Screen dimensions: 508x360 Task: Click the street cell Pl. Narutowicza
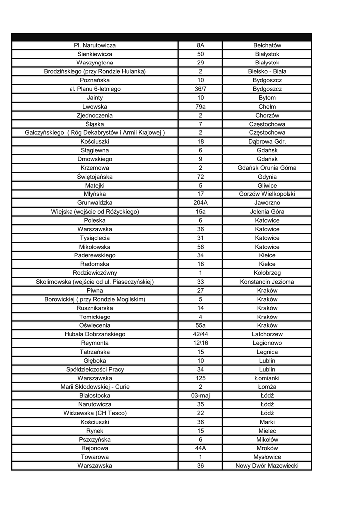point(95,45)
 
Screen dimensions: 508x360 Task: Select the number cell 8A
point(200,45)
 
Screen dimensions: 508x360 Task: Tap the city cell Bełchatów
point(267,45)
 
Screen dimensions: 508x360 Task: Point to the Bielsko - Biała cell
point(267,71)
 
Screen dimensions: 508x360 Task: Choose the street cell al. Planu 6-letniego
point(95,89)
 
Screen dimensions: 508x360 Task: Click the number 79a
point(200,107)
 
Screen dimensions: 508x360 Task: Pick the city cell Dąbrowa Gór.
point(267,141)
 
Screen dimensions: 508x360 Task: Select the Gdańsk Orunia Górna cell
point(267,168)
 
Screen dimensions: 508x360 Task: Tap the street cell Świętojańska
point(95,177)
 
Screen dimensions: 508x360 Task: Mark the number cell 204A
point(200,203)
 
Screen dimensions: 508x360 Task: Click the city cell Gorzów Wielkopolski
point(267,194)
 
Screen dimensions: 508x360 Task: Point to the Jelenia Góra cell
point(267,212)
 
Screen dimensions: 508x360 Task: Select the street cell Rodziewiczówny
point(95,273)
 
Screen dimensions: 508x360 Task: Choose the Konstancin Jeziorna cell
point(267,282)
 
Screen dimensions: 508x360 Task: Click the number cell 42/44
point(200,334)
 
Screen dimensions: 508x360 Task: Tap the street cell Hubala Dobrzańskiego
point(95,334)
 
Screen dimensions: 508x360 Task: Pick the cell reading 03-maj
point(200,396)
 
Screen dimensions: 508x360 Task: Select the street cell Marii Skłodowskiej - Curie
point(95,387)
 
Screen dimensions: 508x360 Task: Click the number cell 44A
point(200,448)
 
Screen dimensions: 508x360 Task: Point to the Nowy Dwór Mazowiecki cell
point(267,466)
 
